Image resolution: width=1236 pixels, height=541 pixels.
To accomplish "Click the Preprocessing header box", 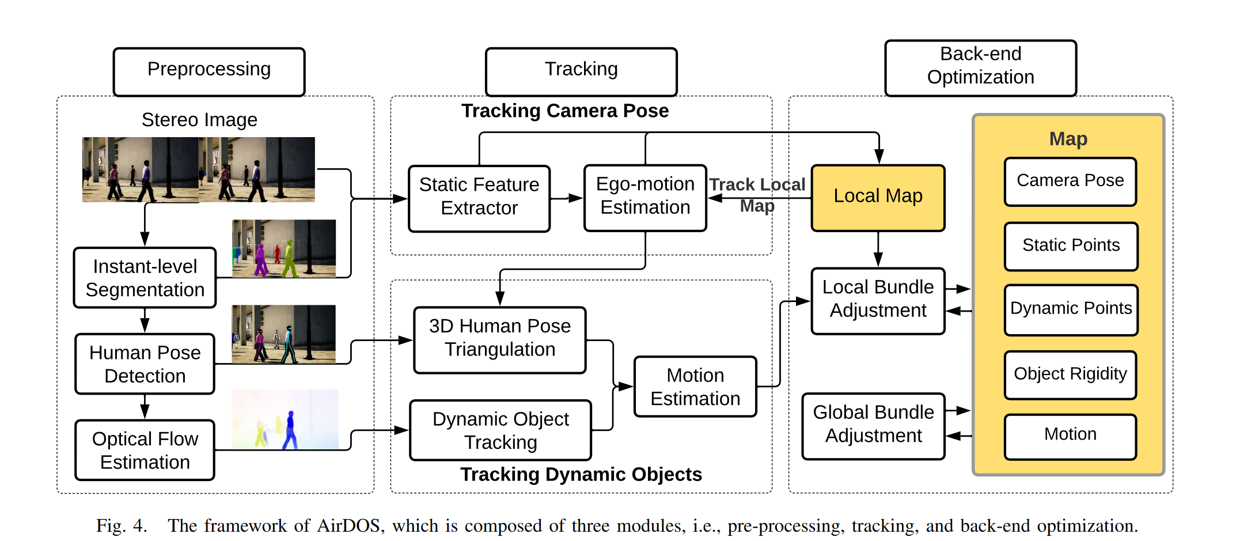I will pyautogui.click(x=209, y=71).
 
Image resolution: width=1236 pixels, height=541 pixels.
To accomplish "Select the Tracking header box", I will pyautogui.click(x=581, y=71).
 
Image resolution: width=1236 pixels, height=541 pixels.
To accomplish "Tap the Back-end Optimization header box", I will pyautogui.click(x=980, y=67).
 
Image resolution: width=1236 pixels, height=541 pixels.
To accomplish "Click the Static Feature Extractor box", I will pyautogui.click(x=479, y=198).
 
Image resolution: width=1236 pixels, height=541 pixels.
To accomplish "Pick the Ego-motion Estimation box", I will pyautogui.click(x=645, y=198).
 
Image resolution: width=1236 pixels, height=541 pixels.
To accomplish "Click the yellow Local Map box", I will pyautogui.click(x=878, y=198).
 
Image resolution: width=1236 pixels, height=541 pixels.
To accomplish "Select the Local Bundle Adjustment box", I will pyautogui.click(x=878, y=300).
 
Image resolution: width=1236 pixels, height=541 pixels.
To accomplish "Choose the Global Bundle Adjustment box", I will pyautogui.click(x=873, y=426).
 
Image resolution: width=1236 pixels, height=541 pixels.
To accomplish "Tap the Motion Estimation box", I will pyautogui.click(x=695, y=387).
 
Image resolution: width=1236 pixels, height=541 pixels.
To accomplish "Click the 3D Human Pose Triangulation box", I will pyautogui.click(x=500, y=339).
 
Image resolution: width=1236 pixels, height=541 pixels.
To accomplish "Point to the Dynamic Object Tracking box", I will pyautogui.click(x=501, y=430).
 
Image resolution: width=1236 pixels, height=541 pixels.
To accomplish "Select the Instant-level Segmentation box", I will pyautogui.click(x=145, y=278).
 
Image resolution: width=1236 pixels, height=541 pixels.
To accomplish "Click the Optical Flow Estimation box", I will pyautogui.click(x=145, y=450).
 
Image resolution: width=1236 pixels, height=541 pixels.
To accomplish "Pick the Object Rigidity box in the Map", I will pyautogui.click(x=1070, y=374).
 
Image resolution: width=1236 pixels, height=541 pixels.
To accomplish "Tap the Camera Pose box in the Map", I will pyautogui.click(x=1070, y=181).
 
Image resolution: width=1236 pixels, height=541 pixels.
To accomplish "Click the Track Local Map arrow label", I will pyautogui.click(x=757, y=194).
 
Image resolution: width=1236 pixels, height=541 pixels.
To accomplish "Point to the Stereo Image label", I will pyautogui.click(x=199, y=120).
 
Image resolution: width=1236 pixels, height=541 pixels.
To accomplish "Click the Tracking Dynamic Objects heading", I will pyautogui.click(x=581, y=474).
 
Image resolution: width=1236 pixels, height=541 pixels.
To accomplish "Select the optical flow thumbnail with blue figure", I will pyautogui.click(x=285, y=419).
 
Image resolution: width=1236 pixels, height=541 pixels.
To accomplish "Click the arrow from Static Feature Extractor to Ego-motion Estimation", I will pyautogui.click(x=567, y=198).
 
